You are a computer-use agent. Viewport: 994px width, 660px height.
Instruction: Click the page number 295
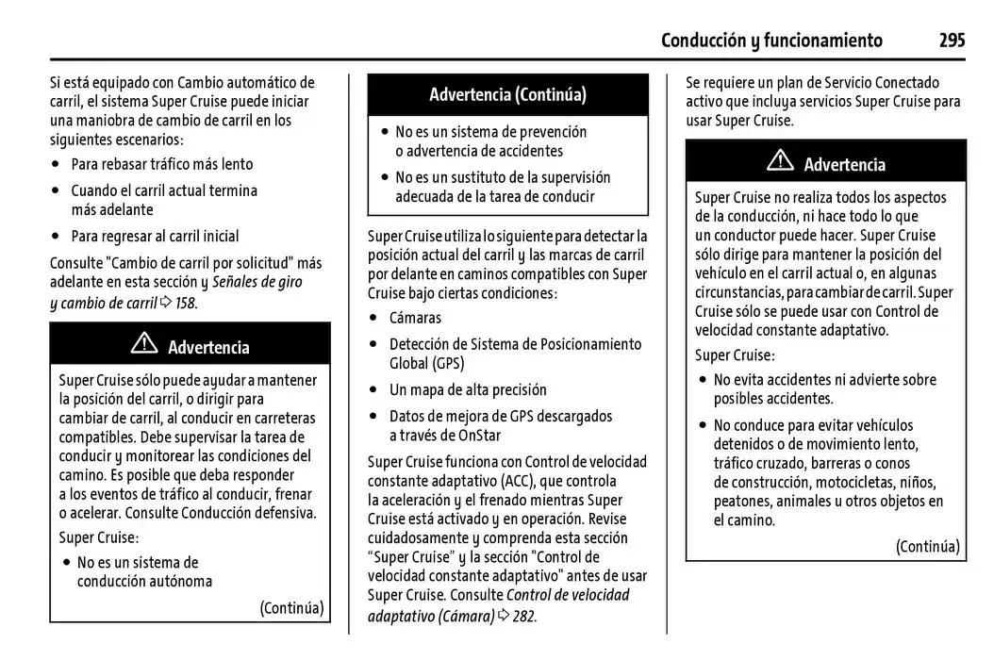(952, 40)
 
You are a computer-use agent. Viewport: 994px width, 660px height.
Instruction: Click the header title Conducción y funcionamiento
(771, 40)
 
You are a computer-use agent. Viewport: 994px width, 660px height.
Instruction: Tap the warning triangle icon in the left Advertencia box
(144, 345)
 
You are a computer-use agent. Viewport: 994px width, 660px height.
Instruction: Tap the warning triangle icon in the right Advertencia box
(780, 162)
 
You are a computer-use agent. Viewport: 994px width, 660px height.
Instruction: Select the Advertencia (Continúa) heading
(507, 94)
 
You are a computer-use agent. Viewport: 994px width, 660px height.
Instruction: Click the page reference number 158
(186, 303)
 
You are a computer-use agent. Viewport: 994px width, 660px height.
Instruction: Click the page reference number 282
(524, 616)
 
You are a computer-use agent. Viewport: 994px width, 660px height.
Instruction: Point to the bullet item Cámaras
(415, 319)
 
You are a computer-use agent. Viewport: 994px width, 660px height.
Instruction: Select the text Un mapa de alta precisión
(468, 389)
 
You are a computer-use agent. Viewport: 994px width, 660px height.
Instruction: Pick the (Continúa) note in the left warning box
(291, 607)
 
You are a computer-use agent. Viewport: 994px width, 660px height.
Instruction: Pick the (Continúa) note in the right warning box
(927, 546)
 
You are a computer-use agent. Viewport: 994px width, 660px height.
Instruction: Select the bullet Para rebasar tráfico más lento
(162, 164)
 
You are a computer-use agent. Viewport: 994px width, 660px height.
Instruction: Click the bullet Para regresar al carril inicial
(156, 236)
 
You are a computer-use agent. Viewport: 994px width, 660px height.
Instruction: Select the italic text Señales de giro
(257, 282)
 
